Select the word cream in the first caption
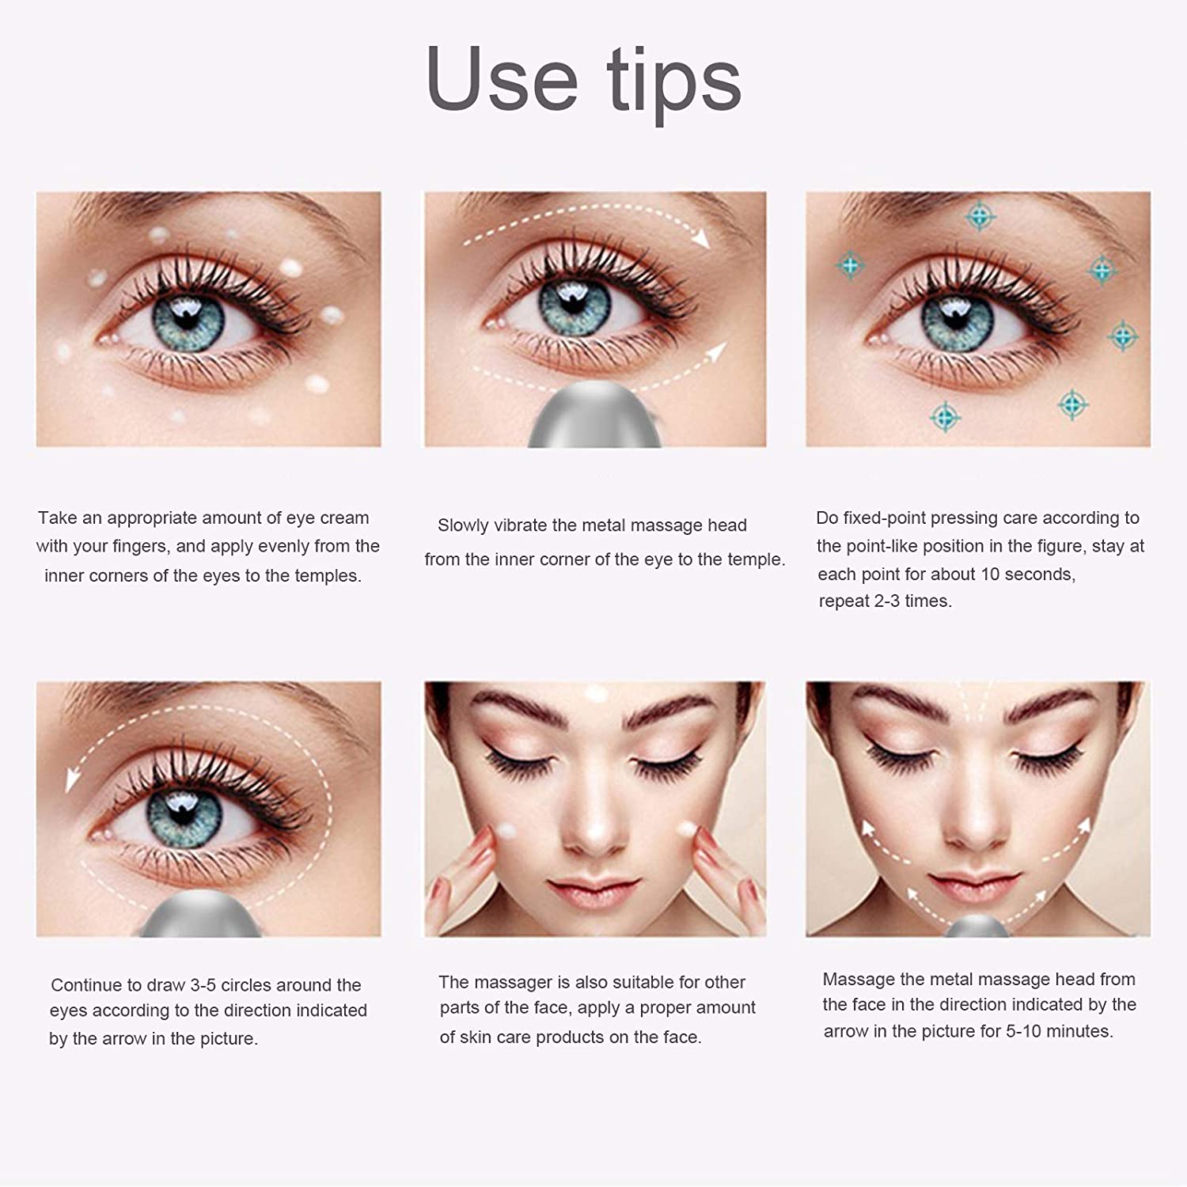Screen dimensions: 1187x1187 click(344, 518)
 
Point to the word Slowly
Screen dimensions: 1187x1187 click(463, 525)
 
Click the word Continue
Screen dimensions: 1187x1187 click(86, 985)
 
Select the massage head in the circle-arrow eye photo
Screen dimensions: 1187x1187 click(202, 914)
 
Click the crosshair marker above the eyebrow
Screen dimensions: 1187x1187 click(980, 216)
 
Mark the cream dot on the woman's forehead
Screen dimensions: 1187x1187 click(593, 695)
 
